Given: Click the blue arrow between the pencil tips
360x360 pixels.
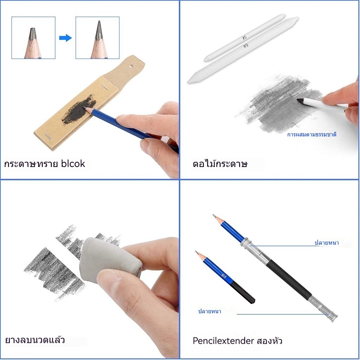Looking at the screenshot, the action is pos(65,38).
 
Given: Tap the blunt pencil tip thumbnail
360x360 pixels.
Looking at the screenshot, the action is pos(33,38).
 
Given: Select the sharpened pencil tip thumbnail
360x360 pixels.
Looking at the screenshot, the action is pos(98,38).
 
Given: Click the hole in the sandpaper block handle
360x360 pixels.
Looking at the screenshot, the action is pos(131,66).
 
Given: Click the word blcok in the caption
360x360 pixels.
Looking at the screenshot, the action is pos(73,164).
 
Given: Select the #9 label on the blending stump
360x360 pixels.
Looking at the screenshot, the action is pos(246,46).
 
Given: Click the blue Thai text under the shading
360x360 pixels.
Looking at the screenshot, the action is pos(311,134).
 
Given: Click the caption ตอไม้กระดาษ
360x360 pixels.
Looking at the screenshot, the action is pos(220,164).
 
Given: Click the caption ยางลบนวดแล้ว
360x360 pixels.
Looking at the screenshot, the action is pos(35,340).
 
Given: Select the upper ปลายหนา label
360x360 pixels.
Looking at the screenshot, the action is pos(327,243).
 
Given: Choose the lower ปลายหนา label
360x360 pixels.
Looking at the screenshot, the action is pos(210,311).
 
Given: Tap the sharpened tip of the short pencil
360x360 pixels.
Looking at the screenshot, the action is pos(196,252).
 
